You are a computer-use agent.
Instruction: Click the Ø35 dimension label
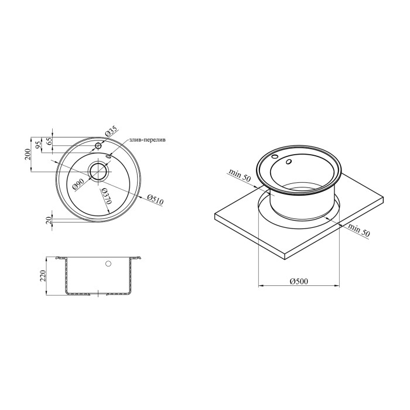pyautogui.click(x=112, y=131)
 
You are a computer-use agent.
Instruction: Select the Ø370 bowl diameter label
pyautogui.click(x=107, y=196)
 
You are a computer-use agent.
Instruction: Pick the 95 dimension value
pyautogui.click(x=39, y=145)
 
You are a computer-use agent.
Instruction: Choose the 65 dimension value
pyautogui.click(x=49, y=141)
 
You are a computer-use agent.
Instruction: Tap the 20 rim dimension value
pyautogui.click(x=49, y=220)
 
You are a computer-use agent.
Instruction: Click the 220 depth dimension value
pyautogui.click(x=43, y=276)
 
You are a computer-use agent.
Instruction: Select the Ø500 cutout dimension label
pyautogui.click(x=299, y=281)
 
